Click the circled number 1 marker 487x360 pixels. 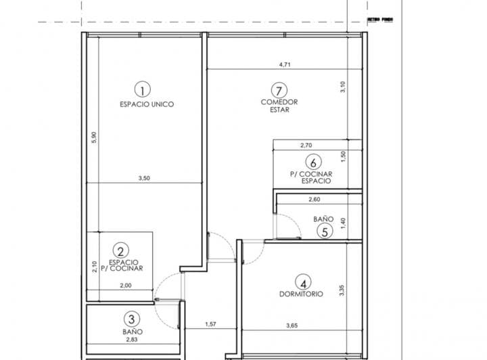(142, 89)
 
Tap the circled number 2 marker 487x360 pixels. (120, 250)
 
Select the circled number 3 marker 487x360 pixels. (132, 318)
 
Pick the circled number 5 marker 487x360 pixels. (325, 231)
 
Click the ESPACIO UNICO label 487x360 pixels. (147, 104)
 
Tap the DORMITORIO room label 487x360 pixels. (300, 294)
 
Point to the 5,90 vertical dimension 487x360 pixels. (94, 137)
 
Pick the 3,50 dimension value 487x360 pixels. (143, 179)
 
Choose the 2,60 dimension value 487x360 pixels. (314, 200)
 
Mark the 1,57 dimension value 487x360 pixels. (211, 325)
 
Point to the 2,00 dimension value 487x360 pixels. (126, 287)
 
